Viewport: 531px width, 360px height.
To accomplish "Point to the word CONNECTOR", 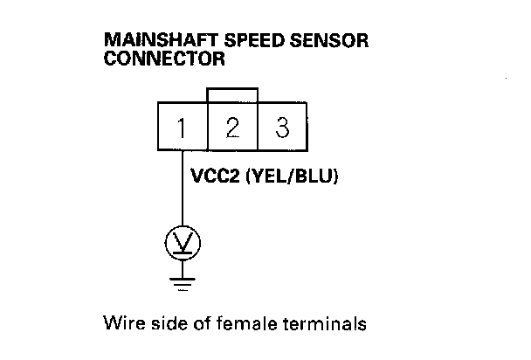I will coord(164,60).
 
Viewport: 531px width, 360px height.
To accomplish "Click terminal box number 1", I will coord(183,128).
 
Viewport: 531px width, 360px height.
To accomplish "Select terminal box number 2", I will coord(232,128).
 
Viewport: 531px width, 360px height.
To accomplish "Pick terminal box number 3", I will coord(282,128).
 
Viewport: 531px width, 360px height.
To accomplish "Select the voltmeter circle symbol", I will coord(183,243).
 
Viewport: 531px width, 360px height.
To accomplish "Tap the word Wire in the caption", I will coord(121,324).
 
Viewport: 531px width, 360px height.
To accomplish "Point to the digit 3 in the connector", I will coord(282,128).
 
